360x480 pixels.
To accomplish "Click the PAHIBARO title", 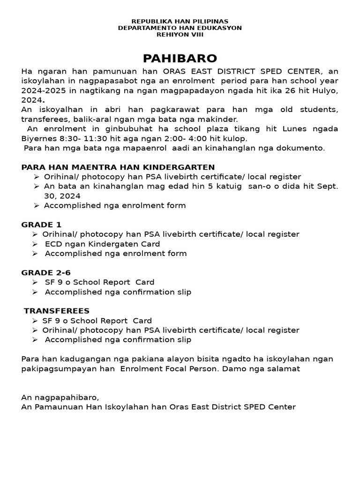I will pyautogui.click(x=180, y=59).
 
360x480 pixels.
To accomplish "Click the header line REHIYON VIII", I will pyautogui.click(x=180, y=34).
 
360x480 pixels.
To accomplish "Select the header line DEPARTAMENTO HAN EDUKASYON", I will pyautogui.click(x=180, y=28).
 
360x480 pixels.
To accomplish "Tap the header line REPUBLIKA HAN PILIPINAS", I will pyautogui.click(x=180, y=22).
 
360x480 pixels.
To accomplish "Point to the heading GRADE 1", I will pyautogui.click(x=41, y=225).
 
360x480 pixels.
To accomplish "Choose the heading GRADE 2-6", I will pyautogui.click(x=46, y=272).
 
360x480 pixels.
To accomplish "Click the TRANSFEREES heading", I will pyautogui.click(x=57, y=311).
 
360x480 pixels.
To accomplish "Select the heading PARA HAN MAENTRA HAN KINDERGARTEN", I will pyautogui.click(x=118, y=167).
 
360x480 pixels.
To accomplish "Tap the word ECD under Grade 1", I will pyautogui.click(x=53, y=244).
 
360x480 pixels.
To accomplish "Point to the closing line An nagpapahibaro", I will pyautogui.click(x=60, y=397).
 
